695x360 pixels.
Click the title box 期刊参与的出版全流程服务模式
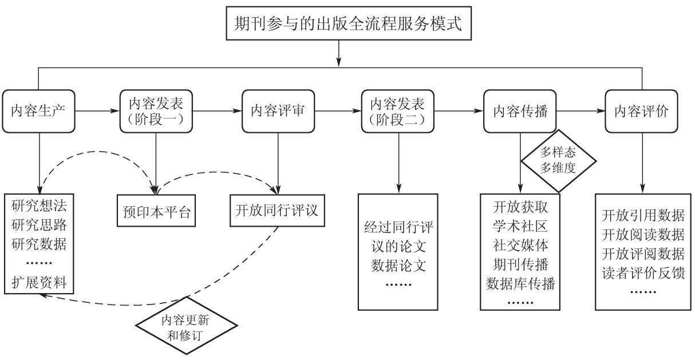pyautogui.click(x=339, y=25)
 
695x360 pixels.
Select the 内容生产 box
pyautogui.click(x=39, y=110)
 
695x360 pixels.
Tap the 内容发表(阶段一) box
pyautogui.click(x=156, y=110)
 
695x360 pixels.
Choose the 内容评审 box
pyautogui.click(x=278, y=110)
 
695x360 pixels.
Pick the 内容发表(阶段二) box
pyautogui.click(x=397, y=110)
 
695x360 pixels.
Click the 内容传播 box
pyautogui.click(x=520, y=110)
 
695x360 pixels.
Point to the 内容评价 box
pyautogui.click(x=641, y=110)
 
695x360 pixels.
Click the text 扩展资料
pyautogui.click(x=39, y=281)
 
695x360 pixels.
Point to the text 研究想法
pyautogui.click(x=39, y=204)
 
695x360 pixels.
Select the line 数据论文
pyautogui.click(x=397, y=266)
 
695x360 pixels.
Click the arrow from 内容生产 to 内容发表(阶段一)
pyautogui.click(x=96, y=110)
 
